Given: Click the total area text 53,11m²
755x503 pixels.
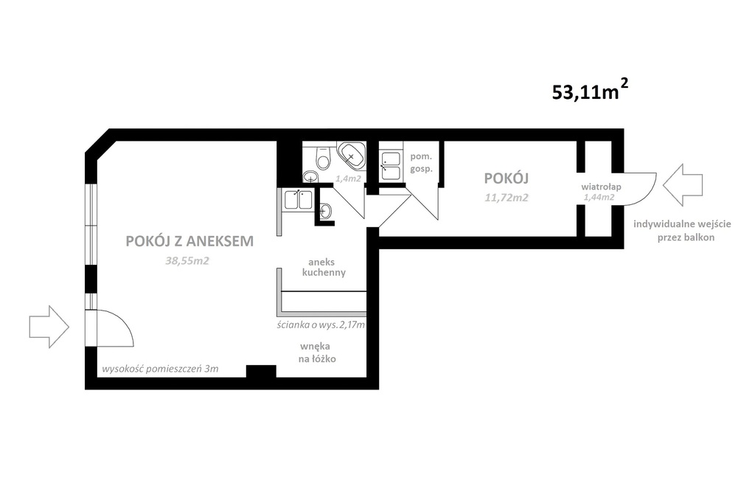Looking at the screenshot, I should coord(589,91).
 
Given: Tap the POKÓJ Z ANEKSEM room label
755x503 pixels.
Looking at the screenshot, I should coord(189,241).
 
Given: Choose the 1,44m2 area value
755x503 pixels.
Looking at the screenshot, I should coord(598,198).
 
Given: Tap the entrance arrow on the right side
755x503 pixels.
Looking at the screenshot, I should coord(683,185).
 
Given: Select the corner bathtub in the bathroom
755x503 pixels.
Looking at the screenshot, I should coord(351,155).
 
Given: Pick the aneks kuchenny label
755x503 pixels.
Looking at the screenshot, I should coord(324,267).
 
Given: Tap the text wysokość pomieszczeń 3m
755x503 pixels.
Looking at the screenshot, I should coord(160,368).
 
